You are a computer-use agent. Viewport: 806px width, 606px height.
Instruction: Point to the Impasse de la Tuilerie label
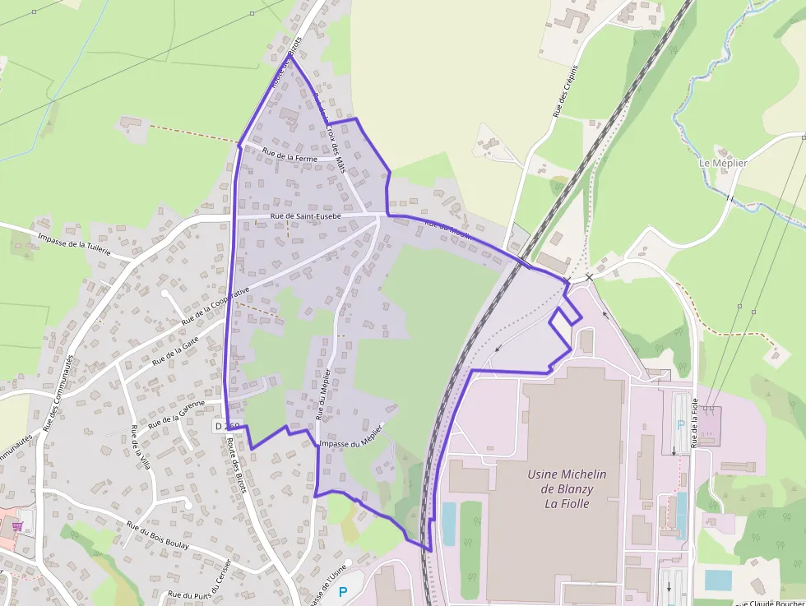74,245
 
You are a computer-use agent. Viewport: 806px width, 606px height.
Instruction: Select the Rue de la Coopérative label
215,304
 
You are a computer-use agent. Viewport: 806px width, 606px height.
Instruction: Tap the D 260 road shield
227,426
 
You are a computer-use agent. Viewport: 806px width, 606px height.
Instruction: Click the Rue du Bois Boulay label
158,534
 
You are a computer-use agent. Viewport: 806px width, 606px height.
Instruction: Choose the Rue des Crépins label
564,91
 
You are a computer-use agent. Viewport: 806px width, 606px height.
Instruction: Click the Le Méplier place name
723,163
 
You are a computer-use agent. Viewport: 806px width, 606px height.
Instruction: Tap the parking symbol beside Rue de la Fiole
679,425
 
